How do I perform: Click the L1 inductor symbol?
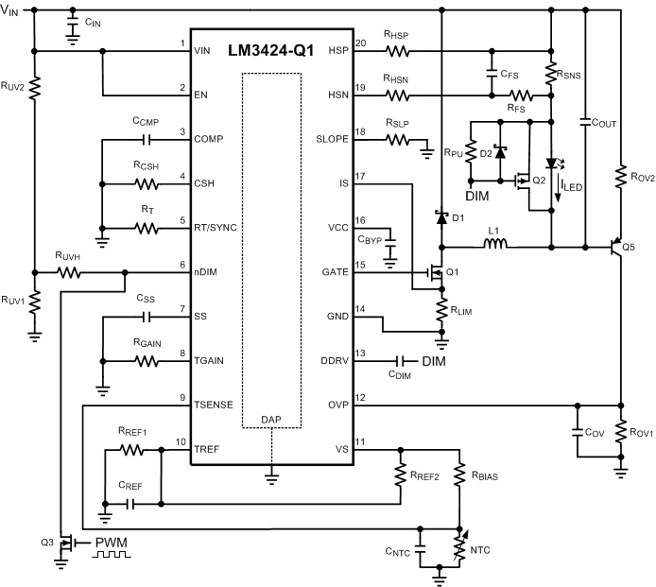[x=492, y=249]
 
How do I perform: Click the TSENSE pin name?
[x=216, y=405]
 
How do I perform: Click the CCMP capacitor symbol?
[x=147, y=140]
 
